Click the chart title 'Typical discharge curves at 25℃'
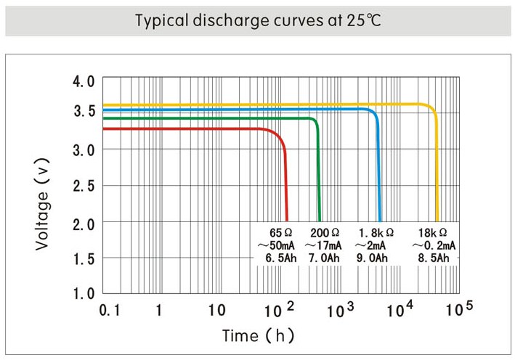(257, 19)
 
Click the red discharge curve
(189, 128)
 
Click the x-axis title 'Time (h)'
(259, 335)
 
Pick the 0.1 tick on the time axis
(109, 311)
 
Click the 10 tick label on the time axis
(216, 311)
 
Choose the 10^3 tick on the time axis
(339, 310)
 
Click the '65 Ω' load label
(280, 233)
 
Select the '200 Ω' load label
(325, 233)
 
